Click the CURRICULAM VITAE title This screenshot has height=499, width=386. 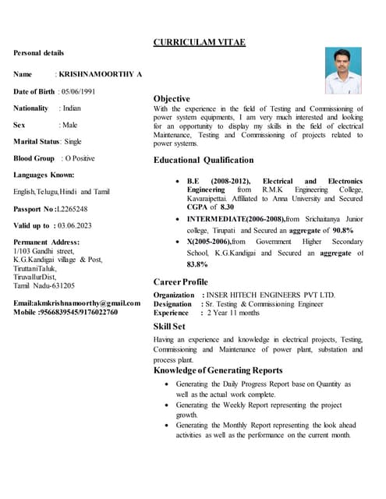click(199, 42)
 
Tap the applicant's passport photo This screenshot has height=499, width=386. click(343, 70)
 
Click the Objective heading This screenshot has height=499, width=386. click(172, 99)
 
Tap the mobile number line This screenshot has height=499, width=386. click(66, 312)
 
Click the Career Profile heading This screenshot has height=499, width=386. click(181, 281)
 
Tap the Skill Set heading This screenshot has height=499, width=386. click(169, 326)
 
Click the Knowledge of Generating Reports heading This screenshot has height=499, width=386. click(218, 370)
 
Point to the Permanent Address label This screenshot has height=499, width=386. click(47, 242)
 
